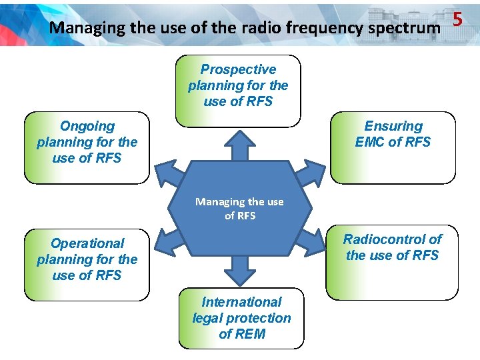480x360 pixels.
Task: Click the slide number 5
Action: [457, 19]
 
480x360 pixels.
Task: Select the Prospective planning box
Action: [238, 91]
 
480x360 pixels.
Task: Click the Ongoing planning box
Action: [87, 147]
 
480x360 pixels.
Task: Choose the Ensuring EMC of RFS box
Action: [393, 147]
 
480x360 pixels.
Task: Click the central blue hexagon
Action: [239, 208]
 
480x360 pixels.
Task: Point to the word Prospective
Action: [238, 69]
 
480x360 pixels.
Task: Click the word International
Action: [241, 302]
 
